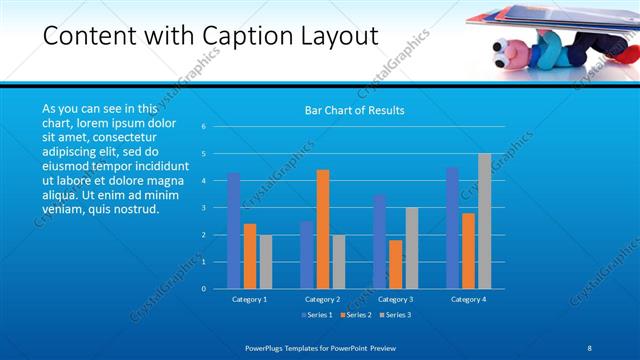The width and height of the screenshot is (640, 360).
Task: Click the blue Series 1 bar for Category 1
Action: coord(233,231)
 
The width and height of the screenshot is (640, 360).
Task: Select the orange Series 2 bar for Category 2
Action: coord(323,229)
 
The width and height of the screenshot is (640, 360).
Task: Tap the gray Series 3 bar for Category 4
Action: coord(485,221)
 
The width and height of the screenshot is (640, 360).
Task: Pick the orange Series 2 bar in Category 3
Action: coord(396,264)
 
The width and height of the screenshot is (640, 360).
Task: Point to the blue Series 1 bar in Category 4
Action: coord(452,228)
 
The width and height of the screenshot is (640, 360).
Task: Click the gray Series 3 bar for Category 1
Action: coord(266,262)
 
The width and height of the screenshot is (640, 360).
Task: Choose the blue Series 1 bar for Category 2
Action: coord(306,255)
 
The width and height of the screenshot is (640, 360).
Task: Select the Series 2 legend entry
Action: coord(356,315)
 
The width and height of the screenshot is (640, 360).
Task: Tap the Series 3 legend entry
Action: coord(395,315)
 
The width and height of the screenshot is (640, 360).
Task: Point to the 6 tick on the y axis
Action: coord(203,127)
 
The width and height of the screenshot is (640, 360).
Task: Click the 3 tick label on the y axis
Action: coord(203,208)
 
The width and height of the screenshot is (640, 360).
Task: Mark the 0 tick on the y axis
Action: coord(203,289)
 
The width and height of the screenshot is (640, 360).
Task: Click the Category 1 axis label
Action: coord(249,299)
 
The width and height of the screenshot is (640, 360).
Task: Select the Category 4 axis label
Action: coord(468,299)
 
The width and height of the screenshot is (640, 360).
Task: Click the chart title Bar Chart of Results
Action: coord(354,110)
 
